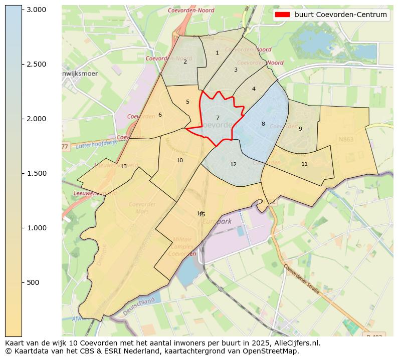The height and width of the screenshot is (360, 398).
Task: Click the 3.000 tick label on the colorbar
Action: [36, 10]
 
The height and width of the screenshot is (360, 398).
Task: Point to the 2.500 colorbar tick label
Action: [36, 64]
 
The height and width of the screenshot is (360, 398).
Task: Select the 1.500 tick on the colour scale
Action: [36, 173]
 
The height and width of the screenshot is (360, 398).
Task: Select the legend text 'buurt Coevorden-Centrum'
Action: [340, 15]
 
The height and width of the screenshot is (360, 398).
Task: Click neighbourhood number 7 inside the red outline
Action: [218, 118]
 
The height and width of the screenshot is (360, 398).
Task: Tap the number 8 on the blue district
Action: [263, 124]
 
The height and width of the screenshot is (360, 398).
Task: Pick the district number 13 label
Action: [123, 166]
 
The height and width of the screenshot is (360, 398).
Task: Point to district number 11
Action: [304, 164]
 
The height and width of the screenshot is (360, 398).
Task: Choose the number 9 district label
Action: [300, 129]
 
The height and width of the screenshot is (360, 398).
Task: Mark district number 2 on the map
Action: [185, 62]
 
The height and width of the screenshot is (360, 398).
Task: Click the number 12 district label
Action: [233, 164]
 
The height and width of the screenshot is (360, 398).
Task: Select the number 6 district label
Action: [160, 115]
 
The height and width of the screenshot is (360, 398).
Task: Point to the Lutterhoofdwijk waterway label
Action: [97, 144]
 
